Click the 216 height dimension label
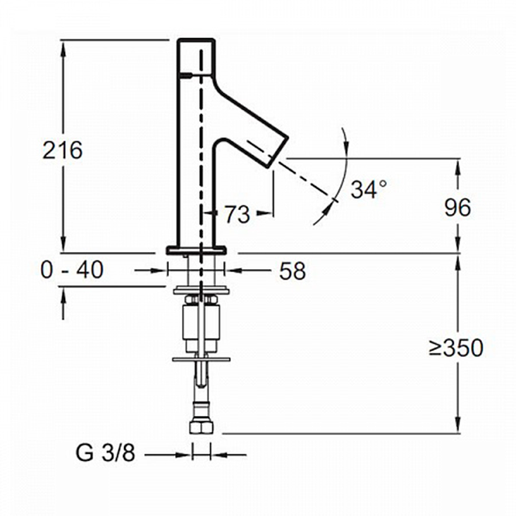[x=63, y=150]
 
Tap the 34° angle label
[x=369, y=189]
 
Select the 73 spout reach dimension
[x=237, y=214]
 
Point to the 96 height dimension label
[x=458, y=207]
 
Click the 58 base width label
[x=292, y=271]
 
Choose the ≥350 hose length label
[x=456, y=347]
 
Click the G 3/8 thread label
[x=105, y=453]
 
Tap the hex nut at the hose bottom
[x=202, y=427]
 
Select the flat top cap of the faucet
[x=196, y=40]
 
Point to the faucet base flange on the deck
[x=196, y=250]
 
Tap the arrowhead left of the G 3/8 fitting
[x=183, y=456]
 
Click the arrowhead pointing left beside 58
[x=233, y=271]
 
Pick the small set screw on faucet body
[x=185, y=76]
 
